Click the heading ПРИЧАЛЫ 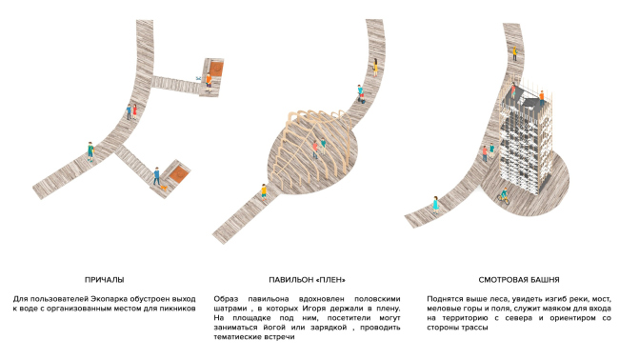(104, 280)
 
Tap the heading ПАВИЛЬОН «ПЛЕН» (308, 280)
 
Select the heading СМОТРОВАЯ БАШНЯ (519, 280)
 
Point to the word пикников (179, 309)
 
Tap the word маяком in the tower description (525, 309)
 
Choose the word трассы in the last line (475, 328)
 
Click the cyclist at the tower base (504, 196)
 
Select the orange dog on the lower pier (164, 187)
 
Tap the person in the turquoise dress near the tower (435, 205)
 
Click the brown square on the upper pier (216, 69)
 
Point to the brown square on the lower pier (179, 173)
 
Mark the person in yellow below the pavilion (264, 192)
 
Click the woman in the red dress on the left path (134, 111)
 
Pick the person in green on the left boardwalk (90, 151)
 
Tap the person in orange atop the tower (542, 97)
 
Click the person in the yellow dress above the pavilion (375, 67)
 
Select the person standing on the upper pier (209, 83)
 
